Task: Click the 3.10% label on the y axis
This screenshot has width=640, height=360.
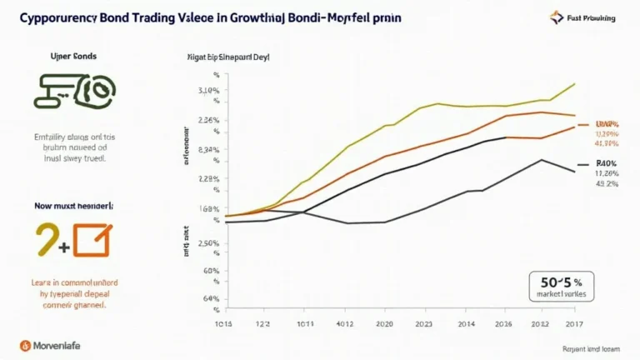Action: pos(210,90)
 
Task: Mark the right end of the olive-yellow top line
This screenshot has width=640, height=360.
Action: pos(575,83)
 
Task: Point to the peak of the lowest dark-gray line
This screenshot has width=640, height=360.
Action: pos(542,160)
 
